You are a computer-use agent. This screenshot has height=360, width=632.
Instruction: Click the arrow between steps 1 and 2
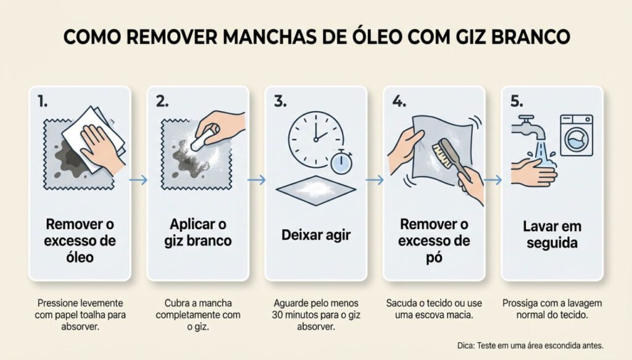(139, 180)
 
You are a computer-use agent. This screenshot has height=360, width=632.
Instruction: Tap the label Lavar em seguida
(552, 235)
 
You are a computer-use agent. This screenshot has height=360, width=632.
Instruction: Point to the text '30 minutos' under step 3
(296, 315)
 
